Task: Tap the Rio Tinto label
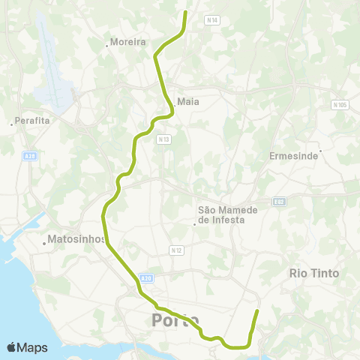(x=314, y=274)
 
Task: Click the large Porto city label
(x=175, y=321)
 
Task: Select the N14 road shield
(x=212, y=21)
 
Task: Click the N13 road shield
(x=163, y=139)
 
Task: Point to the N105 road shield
(x=340, y=105)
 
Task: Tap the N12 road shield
(x=176, y=250)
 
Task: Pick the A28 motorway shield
(x=29, y=156)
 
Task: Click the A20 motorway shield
(x=146, y=277)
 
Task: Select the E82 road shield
(x=280, y=201)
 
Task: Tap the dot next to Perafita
(x=12, y=124)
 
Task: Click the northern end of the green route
(x=186, y=12)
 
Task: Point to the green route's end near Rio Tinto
(x=257, y=310)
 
